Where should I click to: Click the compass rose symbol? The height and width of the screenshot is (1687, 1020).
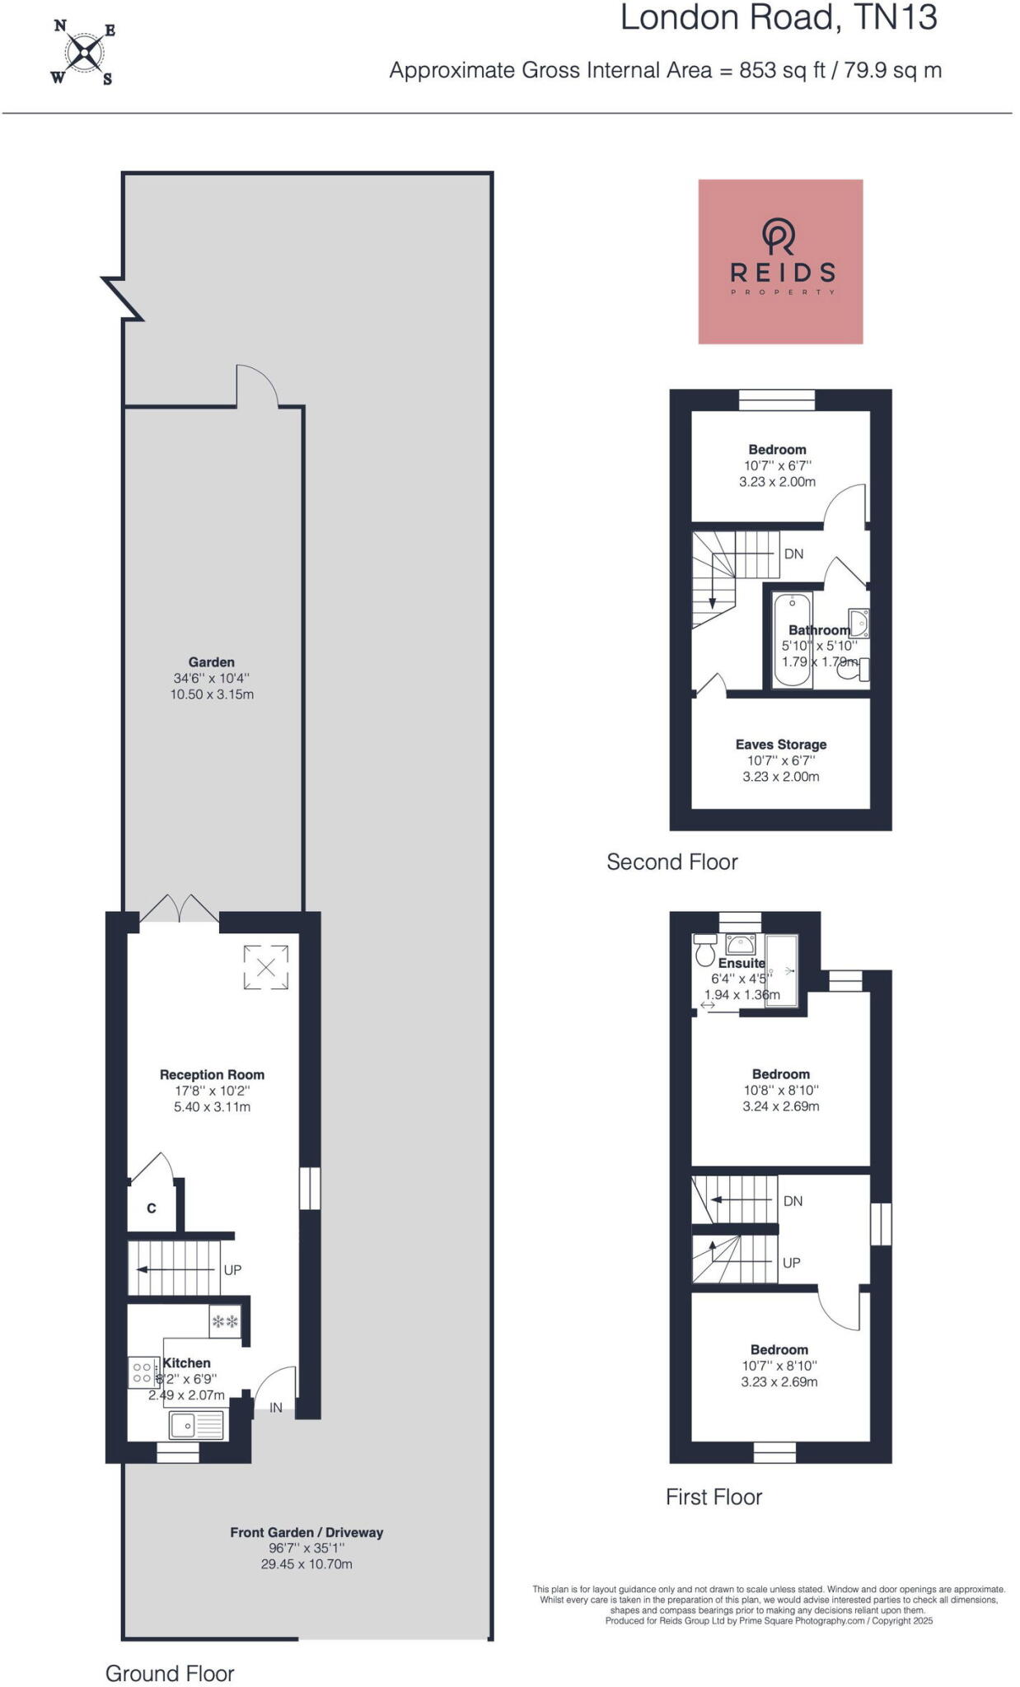click(x=83, y=54)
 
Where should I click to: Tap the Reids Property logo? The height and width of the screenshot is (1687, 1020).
click(x=780, y=261)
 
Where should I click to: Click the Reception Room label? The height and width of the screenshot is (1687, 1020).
click(x=212, y=1074)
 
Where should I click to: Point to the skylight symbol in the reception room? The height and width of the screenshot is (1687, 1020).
click(x=266, y=967)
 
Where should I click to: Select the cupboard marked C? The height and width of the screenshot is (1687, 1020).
click(x=152, y=1208)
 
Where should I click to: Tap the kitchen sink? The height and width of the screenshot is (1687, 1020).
click(x=196, y=1425)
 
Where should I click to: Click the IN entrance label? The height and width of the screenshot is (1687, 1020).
click(x=276, y=1408)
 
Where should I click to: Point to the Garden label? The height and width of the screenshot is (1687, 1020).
click(x=211, y=661)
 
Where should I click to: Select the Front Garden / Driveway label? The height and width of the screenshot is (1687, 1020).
click(x=306, y=1532)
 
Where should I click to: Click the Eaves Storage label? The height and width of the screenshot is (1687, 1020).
click(x=781, y=744)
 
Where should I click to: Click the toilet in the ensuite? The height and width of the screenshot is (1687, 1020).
click(x=704, y=951)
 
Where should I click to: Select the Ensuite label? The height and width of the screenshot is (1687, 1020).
click(x=742, y=963)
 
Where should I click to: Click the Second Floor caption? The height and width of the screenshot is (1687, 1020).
click(x=672, y=862)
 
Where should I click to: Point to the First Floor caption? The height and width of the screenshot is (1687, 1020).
click(x=714, y=1497)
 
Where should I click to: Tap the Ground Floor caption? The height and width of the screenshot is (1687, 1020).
click(x=170, y=1673)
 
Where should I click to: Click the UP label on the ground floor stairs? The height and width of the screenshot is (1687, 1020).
click(x=233, y=1269)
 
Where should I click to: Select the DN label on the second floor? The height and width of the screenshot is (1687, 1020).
click(x=793, y=554)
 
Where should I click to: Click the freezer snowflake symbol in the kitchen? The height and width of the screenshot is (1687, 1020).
click(x=225, y=1322)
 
